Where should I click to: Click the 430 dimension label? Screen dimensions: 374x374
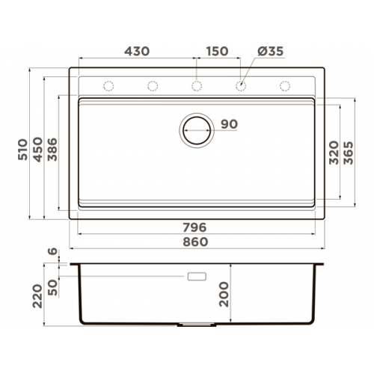(x=137, y=52)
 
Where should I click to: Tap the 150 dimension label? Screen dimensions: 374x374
(x=217, y=52)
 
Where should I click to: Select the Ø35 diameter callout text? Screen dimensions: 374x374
(x=271, y=52)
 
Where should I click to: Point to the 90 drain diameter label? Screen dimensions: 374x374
(x=229, y=124)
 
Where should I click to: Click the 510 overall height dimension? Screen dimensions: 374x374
(x=22, y=150)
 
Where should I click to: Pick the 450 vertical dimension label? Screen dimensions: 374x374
(x=38, y=150)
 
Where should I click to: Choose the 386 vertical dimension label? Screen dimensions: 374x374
(x=52, y=150)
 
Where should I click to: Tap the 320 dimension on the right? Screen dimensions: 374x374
(x=334, y=153)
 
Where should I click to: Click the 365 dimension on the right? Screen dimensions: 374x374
(x=349, y=153)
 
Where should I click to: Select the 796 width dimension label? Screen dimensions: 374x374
(x=194, y=227)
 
